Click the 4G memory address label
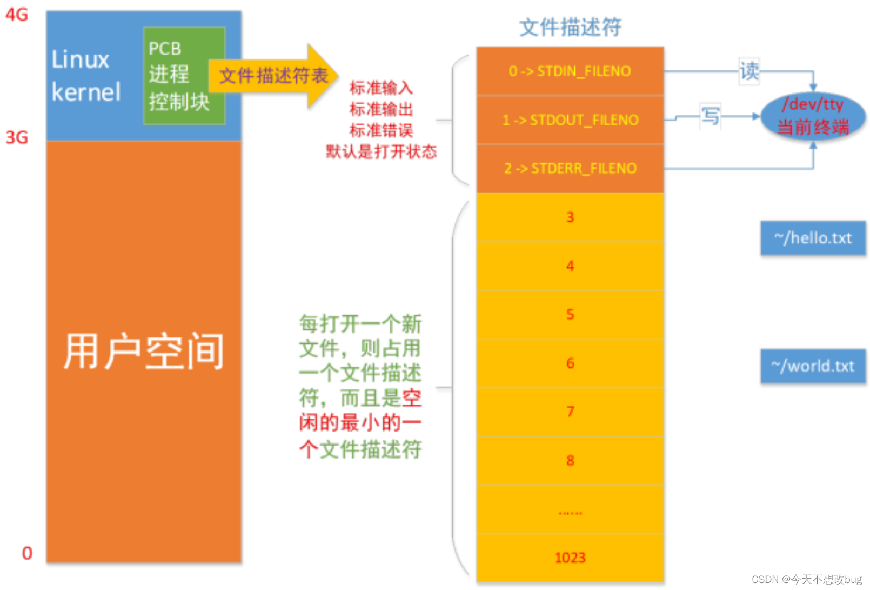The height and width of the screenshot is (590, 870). click(x=17, y=15)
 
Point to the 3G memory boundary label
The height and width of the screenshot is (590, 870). click(x=17, y=137)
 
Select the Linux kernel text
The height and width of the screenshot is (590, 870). click(x=85, y=76)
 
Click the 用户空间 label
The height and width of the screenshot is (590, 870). click(x=144, y=352)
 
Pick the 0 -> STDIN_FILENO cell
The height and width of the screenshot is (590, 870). click(x=570, y=71)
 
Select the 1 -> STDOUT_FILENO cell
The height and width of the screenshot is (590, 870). click(x=570, y=120)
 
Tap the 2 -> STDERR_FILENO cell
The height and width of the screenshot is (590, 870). click(x=570, y=169)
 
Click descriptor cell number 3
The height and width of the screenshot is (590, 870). click(x=570, y=217)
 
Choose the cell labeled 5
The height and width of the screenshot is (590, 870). click(x=570, y=315)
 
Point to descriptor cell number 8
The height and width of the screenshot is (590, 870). click(x=570, y=461)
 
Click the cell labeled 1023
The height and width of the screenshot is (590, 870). click(x=570, y=558)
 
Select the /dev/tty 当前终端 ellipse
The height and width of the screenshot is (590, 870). click(x=813, y=116)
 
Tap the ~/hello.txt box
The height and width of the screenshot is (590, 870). click(x=813, y=238)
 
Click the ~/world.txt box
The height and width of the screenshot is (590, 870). click(x=813, y=366)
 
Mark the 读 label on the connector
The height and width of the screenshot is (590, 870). click(x=749, y=71)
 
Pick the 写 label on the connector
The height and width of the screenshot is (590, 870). click(x=710, y=116)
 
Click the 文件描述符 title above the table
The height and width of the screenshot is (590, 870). click(x=570, y=27)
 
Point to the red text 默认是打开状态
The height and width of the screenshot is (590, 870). click(x=381, y=152)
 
